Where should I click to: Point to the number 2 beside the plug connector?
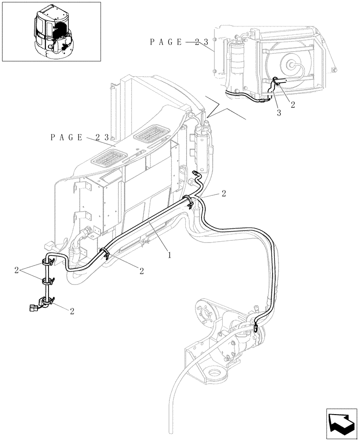click(x=72, y=310)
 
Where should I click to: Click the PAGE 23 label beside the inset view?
click(x=179, y=42)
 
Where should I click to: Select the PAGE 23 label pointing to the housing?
click(x=80, y=137)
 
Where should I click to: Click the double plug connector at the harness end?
click(x=33, y=308)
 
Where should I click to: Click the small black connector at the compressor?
click(x=255, y=327)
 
